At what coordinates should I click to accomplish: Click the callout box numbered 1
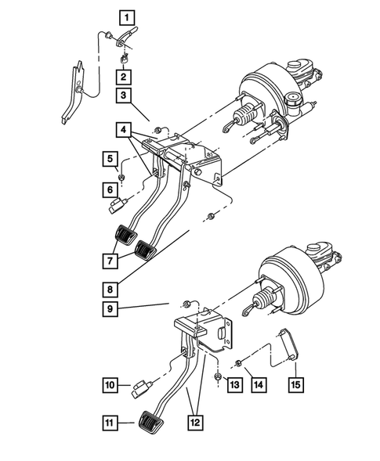(x=125, y=15)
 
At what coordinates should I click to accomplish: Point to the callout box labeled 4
(x=125, y=128)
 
